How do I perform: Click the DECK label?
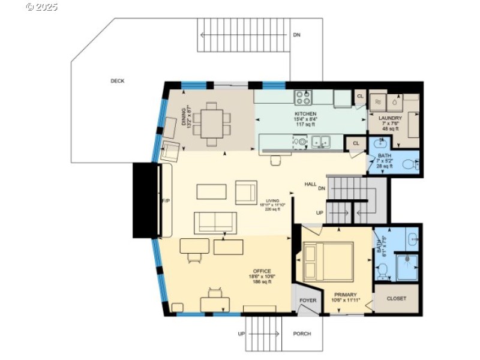[x=118, y=81]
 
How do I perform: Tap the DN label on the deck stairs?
[x=296, y=35]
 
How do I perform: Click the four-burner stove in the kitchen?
[x=304, y=97]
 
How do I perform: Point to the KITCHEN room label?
[x=305, y=114]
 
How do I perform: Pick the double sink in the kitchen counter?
[x=321, y=142]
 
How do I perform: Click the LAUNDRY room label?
[x=390, y=119]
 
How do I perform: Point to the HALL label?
[x=310, y=184]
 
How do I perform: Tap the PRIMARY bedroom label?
[x=346, y=295]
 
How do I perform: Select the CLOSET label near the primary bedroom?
[x=396, y=298]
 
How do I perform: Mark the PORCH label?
[x=302, y=334]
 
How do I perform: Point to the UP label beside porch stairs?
[x=241, y=334]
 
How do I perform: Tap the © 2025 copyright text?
[x=42, y=7]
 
